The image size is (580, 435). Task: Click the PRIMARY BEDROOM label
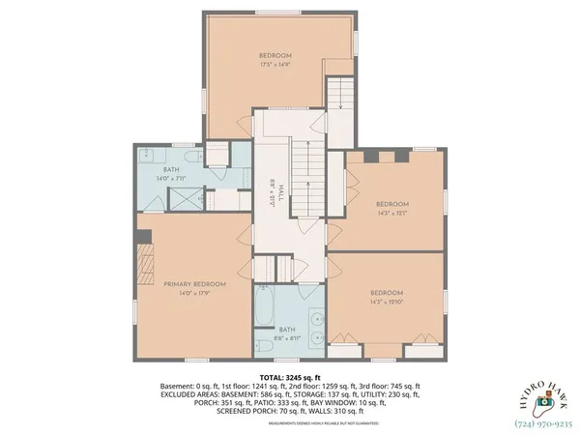point(194,283)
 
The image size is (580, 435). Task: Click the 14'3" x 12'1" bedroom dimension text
point(392,214)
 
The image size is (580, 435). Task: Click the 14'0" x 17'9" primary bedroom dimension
point(194,292)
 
